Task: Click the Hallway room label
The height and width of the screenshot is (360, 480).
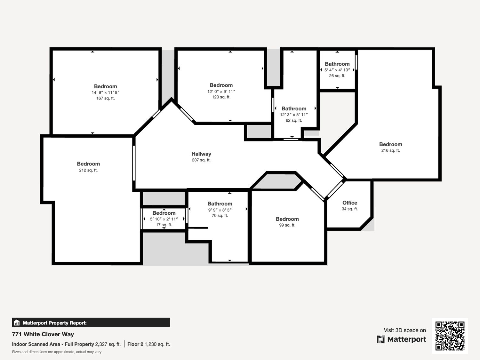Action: click(201, 154)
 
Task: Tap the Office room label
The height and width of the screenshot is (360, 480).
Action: click(350, 203)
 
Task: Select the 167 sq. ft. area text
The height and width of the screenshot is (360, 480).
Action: click(105, 98)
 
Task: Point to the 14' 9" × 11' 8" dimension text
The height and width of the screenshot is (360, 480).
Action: click(105, 92)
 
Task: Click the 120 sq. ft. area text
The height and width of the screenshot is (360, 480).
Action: click(221, 97)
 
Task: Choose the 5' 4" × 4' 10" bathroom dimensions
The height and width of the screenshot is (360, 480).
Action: click(337, 70)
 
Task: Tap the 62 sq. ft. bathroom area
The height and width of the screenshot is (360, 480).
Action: click(294, 120)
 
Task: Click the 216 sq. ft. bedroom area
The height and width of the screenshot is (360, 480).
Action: click(391, 150)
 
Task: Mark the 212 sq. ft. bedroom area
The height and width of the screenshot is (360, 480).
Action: click(88, 170)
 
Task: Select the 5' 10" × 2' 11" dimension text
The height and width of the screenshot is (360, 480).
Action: click(164, 219)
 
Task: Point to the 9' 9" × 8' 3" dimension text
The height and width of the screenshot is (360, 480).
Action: click(220, 210)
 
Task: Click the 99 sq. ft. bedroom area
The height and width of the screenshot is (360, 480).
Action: click(287, 225)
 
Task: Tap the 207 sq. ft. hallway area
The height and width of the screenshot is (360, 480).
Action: click(201, 160)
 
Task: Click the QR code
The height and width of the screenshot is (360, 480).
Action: click(450, 336)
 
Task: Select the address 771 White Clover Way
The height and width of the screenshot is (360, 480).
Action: click(43, 334)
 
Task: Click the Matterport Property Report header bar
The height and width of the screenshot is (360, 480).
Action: click(91, 323)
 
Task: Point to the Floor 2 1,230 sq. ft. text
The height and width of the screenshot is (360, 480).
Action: click(149, 344)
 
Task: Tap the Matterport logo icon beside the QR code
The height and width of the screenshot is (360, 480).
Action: click(381, 339)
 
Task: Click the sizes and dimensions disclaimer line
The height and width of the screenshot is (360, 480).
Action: click(57, 352)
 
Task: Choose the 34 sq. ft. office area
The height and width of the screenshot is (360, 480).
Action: click(350, 209)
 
